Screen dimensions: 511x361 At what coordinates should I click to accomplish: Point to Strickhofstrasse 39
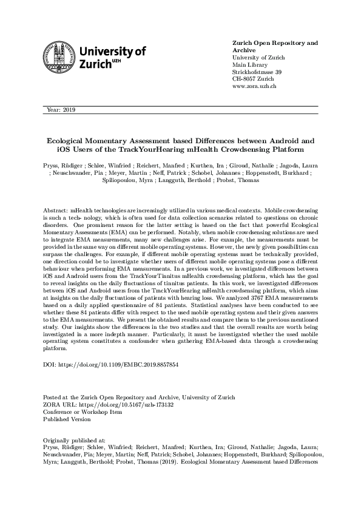coord(257,72)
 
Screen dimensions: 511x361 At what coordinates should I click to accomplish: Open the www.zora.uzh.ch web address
coord(255,86)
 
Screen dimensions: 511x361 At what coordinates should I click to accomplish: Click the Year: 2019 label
coord(60,110)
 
